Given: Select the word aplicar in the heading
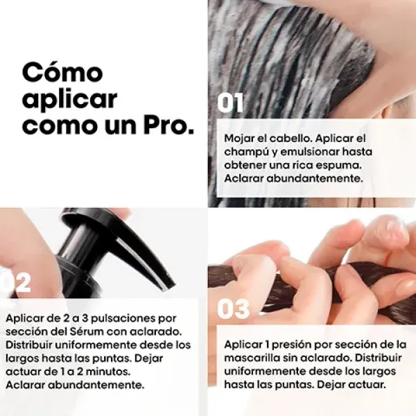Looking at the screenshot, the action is [69, 100].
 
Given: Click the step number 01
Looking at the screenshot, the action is [230, 103].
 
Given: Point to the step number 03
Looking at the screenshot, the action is [233, 309].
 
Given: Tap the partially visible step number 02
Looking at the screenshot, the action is [15, 283].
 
